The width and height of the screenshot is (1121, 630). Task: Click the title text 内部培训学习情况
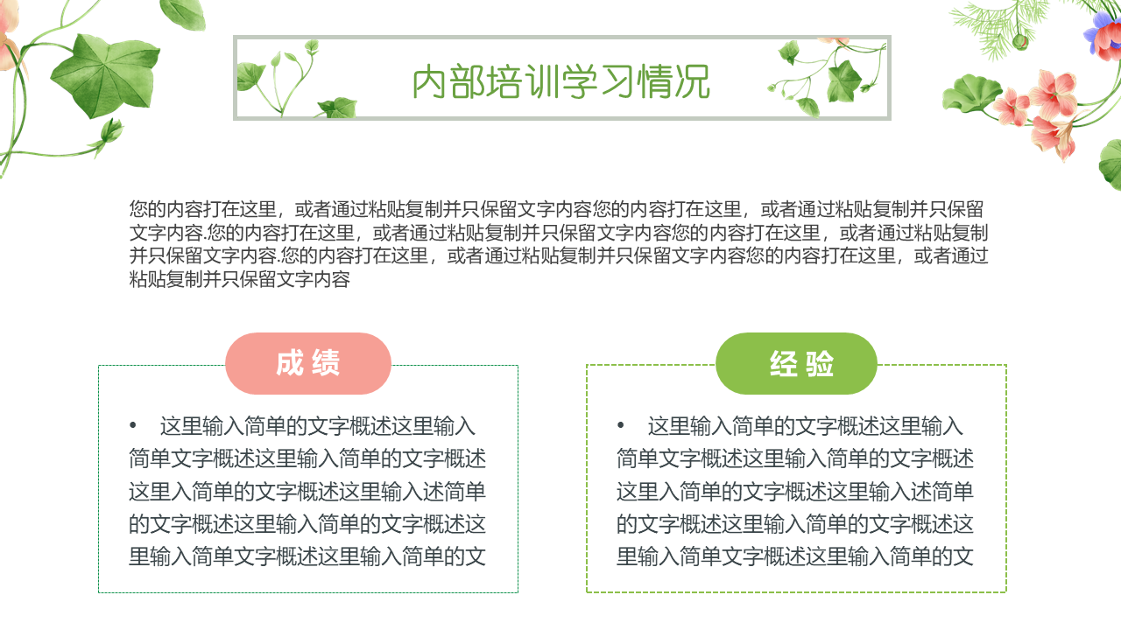561,81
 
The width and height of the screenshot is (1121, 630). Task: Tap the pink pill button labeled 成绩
307,363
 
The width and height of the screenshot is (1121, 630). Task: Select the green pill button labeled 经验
796,363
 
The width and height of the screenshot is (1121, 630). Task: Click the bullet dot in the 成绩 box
132,425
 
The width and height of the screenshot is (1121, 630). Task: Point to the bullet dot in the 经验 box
621,425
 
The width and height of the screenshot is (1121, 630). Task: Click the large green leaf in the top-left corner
105,75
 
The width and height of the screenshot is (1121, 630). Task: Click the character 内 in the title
429,81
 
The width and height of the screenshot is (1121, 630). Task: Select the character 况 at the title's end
693,81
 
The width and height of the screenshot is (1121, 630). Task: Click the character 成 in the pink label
290,363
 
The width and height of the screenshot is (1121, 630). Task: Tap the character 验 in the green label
819,363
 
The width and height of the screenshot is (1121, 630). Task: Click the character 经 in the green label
784,363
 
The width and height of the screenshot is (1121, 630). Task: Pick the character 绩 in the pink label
326,363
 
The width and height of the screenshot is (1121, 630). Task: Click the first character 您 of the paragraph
138,209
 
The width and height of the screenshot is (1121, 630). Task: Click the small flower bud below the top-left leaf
110,131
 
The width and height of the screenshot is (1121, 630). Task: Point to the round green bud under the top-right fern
1020,41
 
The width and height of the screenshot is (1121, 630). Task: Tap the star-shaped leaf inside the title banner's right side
844,80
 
